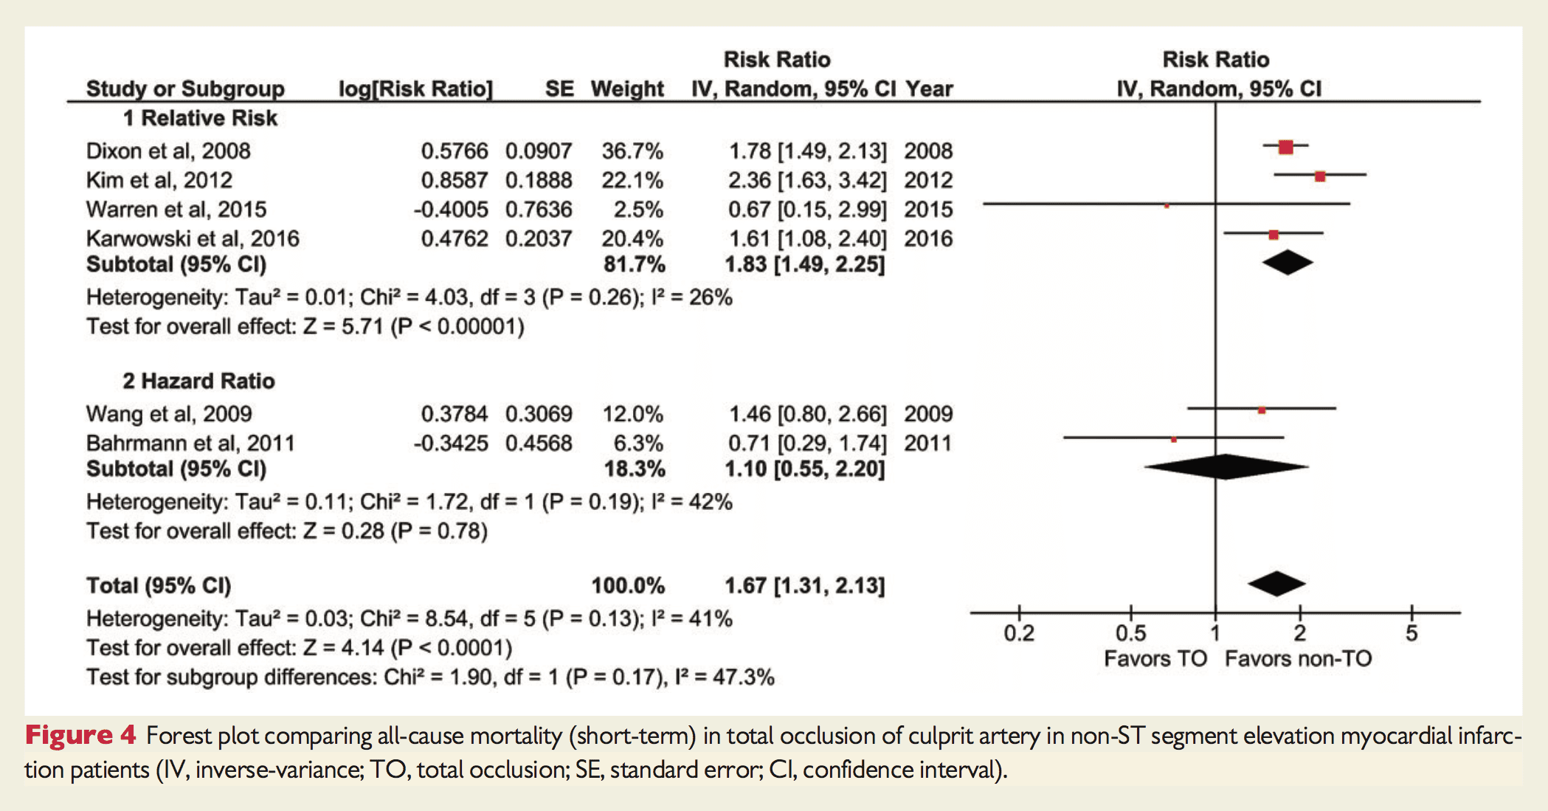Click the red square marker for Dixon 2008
click(x=1285, y=147)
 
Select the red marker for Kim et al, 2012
click(x=1320, y=176)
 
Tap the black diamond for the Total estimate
click(x=1276, y=584)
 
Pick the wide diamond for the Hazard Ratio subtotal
click(x=1226, y=467)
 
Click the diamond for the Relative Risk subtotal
click(x=1287, y=263)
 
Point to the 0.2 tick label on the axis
click(x=1019, y=633)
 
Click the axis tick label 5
click(x=1411, y=633)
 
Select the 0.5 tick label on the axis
click(x=1130, y=633)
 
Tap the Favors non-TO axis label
click(x=1298, y=658)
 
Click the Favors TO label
click(x=1155, y=658)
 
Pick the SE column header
click(x=559, y=89)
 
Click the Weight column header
click(x=627, y=89)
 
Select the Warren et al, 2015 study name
click(x=176, y=210)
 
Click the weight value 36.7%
click(x=632, y=151)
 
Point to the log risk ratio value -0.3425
click(x=451, y=444)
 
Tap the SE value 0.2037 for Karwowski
click(x=539, y=239)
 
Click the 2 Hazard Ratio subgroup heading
click(x=198, y=381)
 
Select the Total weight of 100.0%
click(x=628, y=586)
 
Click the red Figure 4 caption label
click(x=80, y=735)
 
